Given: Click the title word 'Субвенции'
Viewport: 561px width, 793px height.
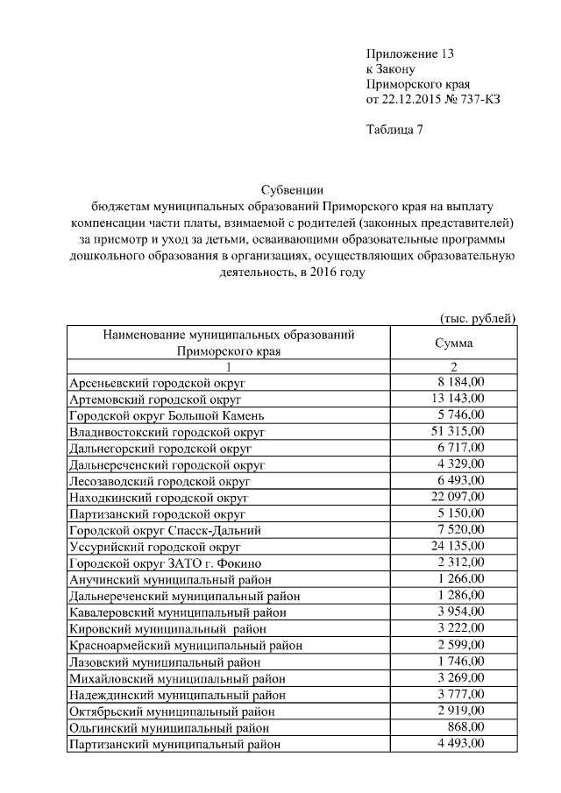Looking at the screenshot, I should click(290, 189).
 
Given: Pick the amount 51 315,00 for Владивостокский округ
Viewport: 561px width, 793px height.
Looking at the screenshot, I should click(460, 432).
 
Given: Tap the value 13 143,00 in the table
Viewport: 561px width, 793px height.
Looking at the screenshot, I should click(460, 399).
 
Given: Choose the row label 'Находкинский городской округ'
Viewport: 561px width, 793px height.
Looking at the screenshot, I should click(160, 498).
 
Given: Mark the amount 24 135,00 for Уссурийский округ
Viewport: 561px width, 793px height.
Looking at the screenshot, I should click(460, 547).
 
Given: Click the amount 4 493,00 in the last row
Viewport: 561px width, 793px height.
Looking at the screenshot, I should click(462, 744).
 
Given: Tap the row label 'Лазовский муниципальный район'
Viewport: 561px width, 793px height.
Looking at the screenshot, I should click(164, 662).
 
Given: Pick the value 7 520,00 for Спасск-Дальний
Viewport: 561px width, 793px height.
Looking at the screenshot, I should click(462, 530).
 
